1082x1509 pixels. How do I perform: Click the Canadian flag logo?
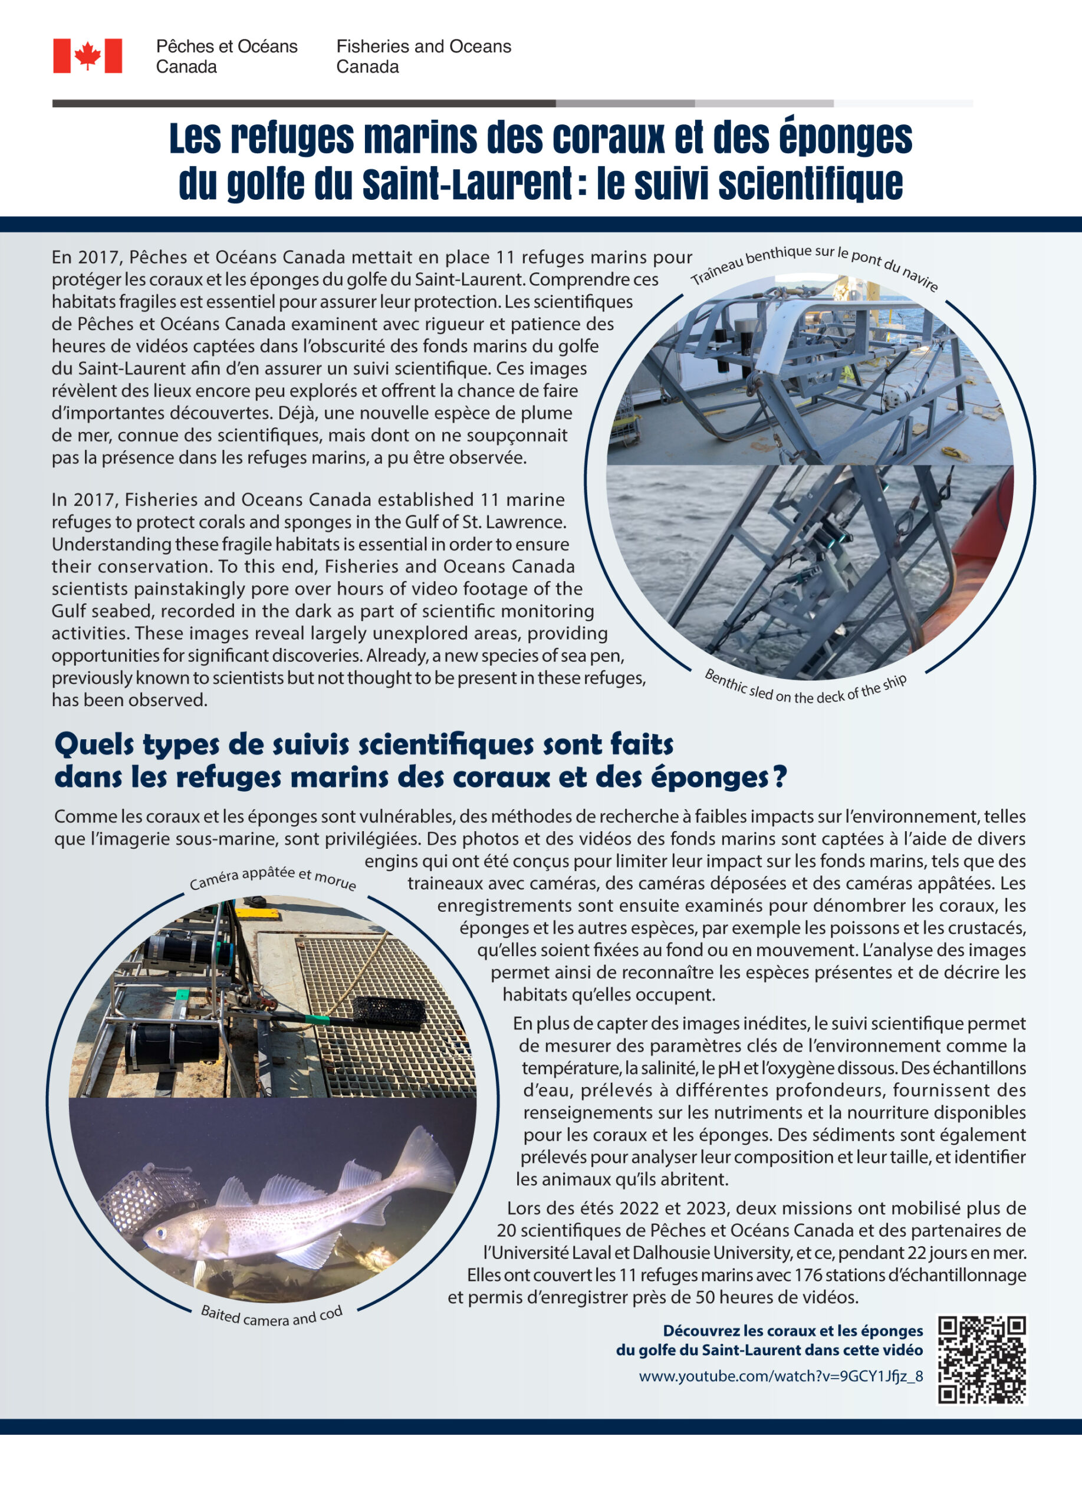click(x=87, y=55)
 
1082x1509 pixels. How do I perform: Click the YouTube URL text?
click(x=781, y=1376)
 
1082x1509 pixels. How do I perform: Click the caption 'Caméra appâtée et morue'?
click(x=273, y=878)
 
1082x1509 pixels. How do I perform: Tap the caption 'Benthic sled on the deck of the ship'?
click(x=805, y=689)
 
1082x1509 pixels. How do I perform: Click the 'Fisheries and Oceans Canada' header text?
click(x=423, y=56)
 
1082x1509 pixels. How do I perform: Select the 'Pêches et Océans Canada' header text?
click(x=226, y=56)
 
